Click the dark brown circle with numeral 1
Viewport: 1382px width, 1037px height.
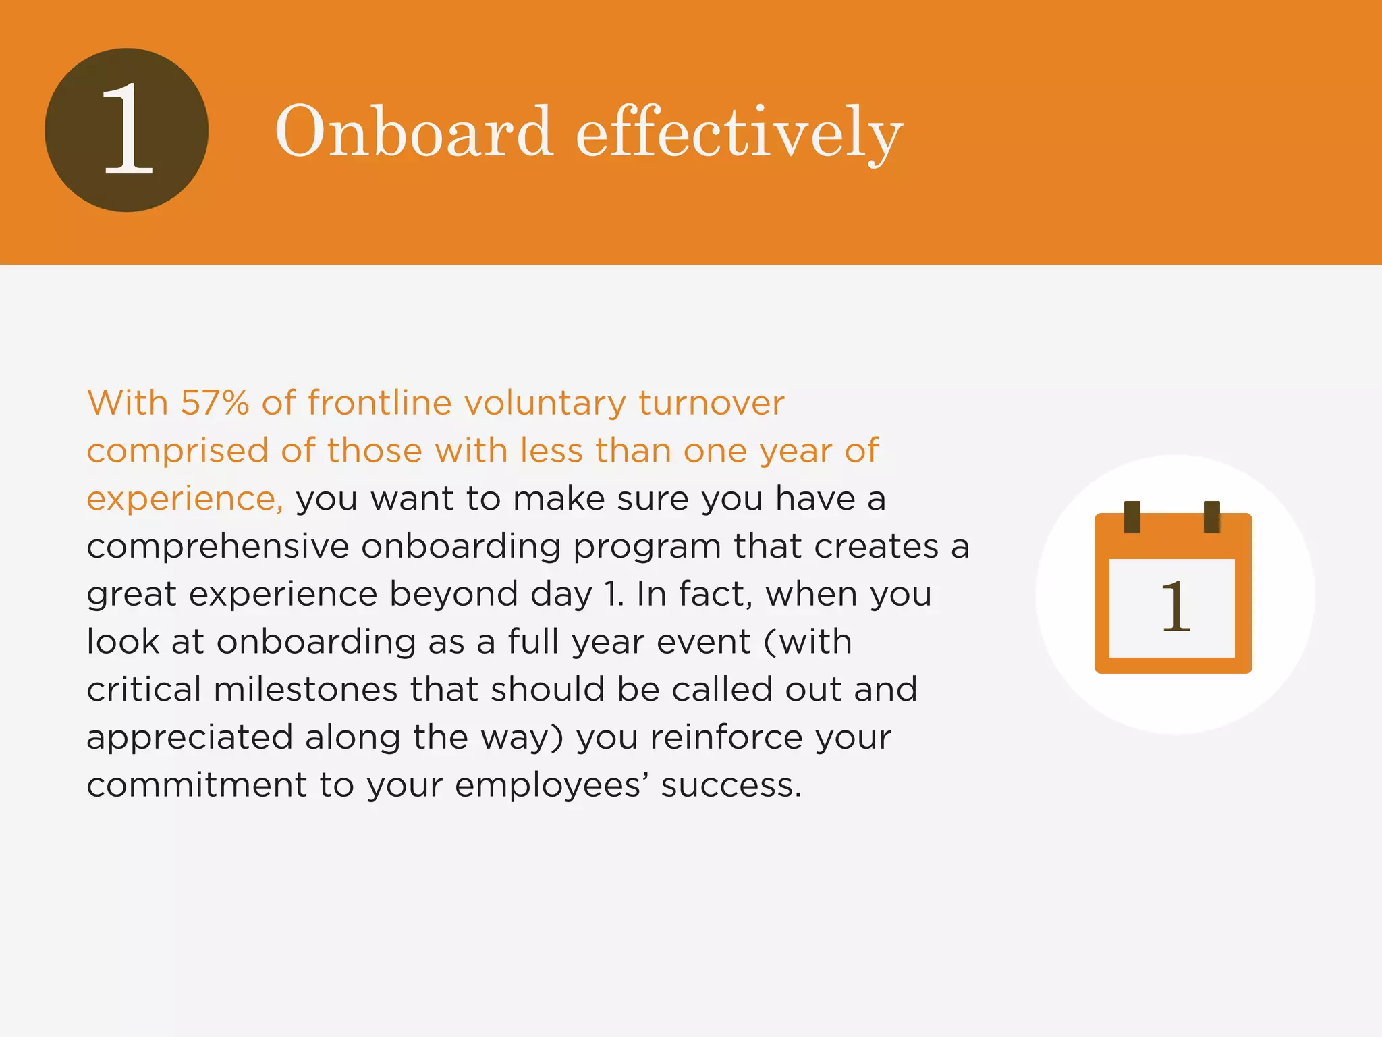[127, 130]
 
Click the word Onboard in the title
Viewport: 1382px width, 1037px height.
[414, 132]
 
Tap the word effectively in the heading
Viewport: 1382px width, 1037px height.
[739, 133]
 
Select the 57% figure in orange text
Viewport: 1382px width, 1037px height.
[215, 403]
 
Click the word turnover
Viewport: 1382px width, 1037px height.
[711, 403]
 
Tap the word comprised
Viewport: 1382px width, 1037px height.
[177, 452]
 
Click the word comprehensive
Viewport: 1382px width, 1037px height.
[217, 548]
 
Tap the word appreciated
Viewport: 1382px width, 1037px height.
[190, 738]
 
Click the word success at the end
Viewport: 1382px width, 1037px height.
[731, 785]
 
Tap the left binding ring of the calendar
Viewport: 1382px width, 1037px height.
[1132, 517]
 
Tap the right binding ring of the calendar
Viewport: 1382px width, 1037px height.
[1212, 517]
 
